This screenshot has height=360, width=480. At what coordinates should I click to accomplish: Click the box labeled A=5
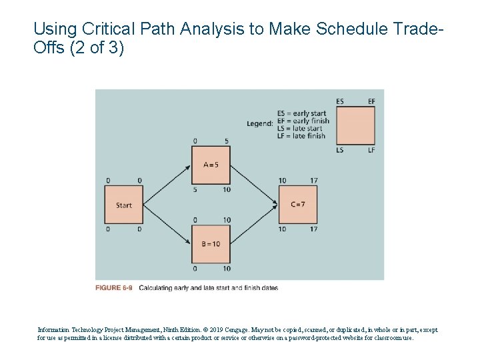click(x=211, y=165)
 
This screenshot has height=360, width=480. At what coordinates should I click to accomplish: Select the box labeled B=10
click(x=211, y=244)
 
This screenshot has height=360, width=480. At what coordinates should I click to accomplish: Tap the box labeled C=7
click(x=297, y=205)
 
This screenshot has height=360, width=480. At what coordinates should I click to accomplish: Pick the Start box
click(x=124, y=205)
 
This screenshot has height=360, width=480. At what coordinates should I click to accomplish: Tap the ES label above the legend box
click(x=340, y=101)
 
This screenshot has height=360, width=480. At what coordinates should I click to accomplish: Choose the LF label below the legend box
click(x=371, y=150)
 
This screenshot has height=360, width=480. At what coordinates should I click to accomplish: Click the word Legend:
click(x=259, y=123)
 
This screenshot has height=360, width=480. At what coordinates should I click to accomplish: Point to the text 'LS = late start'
click(x=299, y=128)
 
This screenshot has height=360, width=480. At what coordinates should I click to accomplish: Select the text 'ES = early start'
click(x=302, y=113)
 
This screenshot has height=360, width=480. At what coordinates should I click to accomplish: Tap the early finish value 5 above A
click(x=227, y=141)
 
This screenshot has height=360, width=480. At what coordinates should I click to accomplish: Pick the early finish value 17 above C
click(x=313, y=181)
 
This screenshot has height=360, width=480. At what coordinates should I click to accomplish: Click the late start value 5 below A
click(x=195, y=189)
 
